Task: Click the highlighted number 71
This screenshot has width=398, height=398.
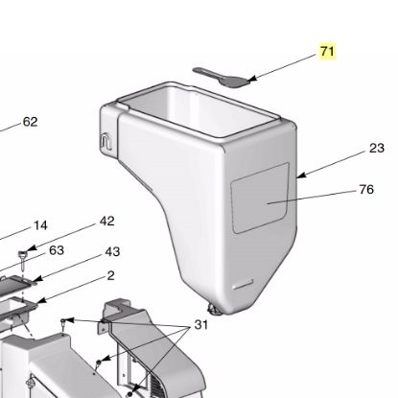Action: (328, 51)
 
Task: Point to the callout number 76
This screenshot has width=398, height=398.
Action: (365, 189)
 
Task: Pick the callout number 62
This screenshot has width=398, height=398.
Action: (30, 122)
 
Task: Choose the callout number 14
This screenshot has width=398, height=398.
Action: (40, 225)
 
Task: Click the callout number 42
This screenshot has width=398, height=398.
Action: (106, 221)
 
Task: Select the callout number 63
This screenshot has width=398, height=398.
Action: (57, 250)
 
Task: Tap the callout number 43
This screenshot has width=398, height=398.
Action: (112, 252)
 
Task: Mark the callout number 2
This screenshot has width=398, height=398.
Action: (110, 275)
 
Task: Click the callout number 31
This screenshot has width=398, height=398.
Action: (201, 325)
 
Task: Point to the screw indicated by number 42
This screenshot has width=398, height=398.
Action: (20, 254)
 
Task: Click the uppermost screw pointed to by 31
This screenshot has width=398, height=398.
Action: (65, 320)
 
